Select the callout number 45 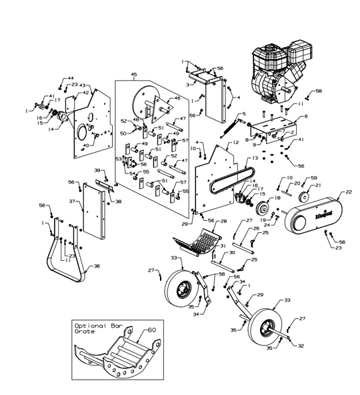[x=134, y=74]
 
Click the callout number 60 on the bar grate [x=151, y=330]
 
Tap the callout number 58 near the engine [x=318, y=90]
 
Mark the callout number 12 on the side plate [x=235, y=143]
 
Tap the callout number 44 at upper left [x=71, y=79]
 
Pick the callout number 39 [x=97, y=170]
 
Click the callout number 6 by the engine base [x=306, y=116]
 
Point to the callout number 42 [x=85, y=93]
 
